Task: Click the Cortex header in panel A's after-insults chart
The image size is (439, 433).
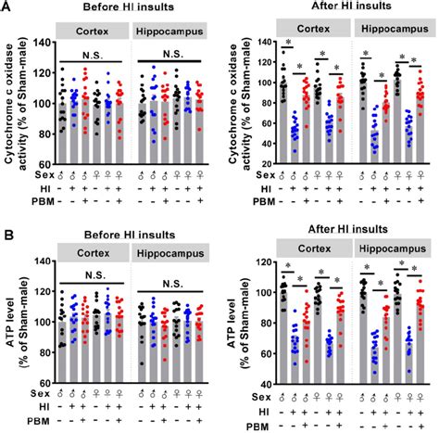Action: click(x=307, y=31)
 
